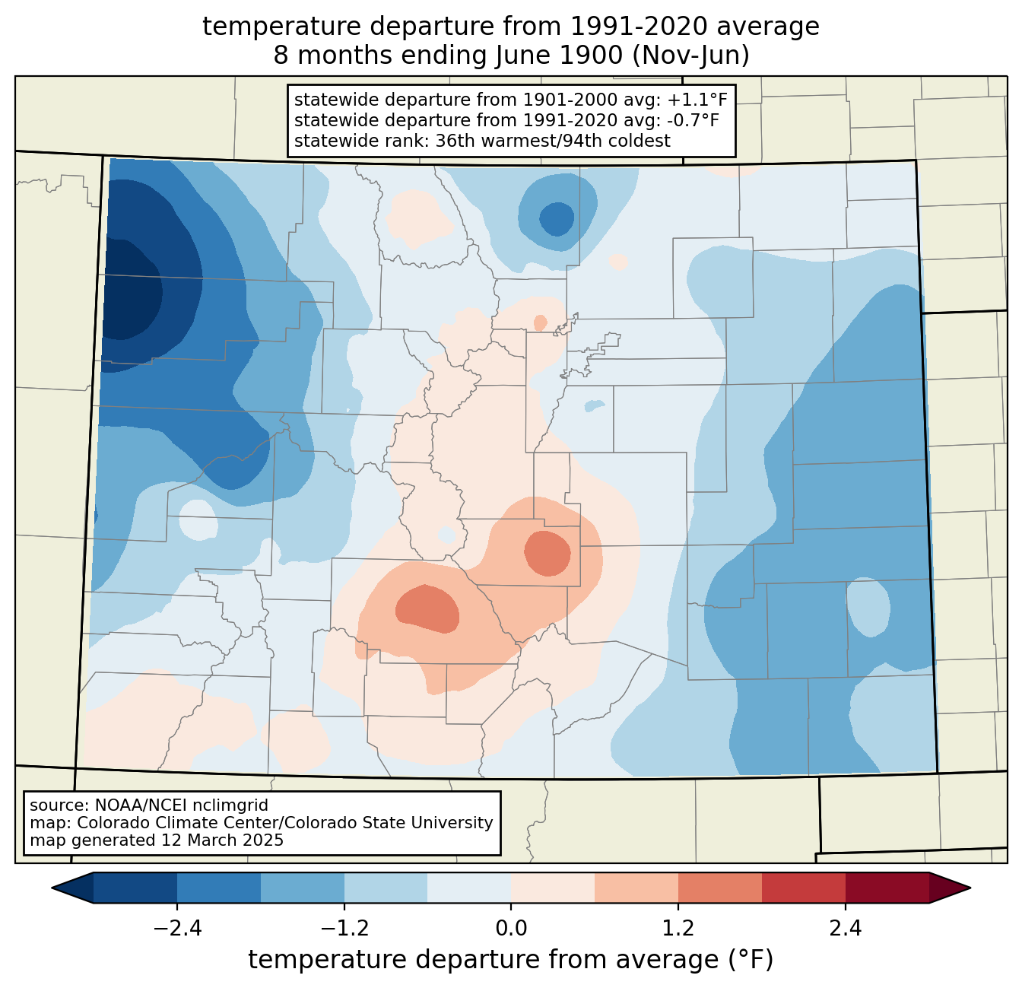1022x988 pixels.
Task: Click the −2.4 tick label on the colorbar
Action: [177, 929]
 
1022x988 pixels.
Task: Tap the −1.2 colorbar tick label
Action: [344, 929]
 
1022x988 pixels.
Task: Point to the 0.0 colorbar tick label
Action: [511, 929]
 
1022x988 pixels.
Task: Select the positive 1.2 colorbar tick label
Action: [678, 929]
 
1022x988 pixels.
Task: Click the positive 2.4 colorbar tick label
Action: [846, 929]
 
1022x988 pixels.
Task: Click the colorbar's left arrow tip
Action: [52, 888]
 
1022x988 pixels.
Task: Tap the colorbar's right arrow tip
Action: [970, 888]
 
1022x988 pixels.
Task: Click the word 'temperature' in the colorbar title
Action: [327, 960]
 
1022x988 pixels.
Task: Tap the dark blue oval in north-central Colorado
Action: [557, 219]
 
